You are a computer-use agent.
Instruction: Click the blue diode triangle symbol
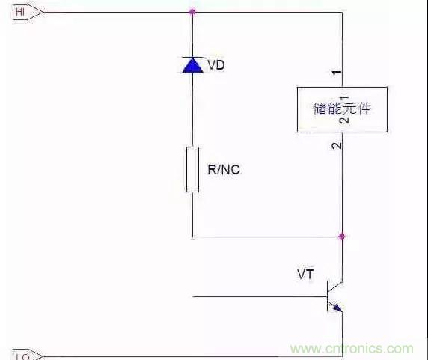coord(192,66)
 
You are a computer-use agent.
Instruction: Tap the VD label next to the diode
coord(215,65)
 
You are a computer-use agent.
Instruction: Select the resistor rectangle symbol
coord(192,169)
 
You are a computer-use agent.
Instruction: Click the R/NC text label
coord(223,170)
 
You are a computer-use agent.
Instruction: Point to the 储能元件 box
coord(342,109)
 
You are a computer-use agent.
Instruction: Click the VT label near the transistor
coord(305,275)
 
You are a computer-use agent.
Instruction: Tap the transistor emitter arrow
coord(337,306)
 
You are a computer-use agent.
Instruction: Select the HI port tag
coord(23,12)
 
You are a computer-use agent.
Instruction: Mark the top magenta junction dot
coord(192,12)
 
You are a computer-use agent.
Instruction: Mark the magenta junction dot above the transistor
coord(342,237)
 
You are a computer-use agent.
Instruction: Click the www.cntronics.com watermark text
coord(352,349)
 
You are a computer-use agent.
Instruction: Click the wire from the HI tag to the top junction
coord(112,12)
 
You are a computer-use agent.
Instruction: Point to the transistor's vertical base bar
coord(327,296)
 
